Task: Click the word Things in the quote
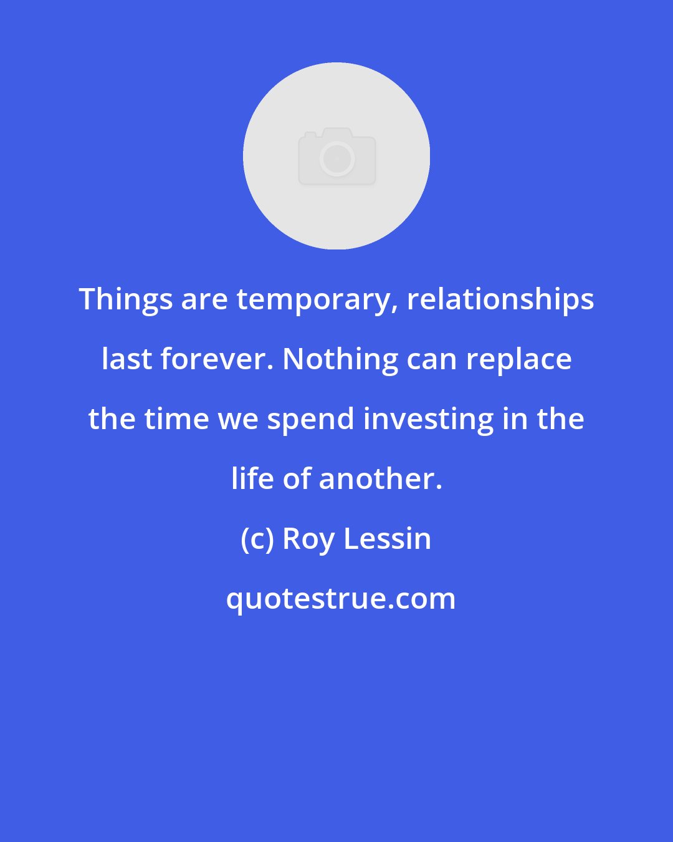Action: pyautogui.click(x=126, y=299)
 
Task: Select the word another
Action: pyautogui.click(x=380, y=479)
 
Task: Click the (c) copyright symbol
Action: pyautogui.click(x=257, y=539)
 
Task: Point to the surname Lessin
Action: pyautogui.click(x=387, y=539)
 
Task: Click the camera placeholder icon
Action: pyautogui.click(x=336, y=156)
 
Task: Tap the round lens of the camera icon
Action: pyautogui.click(x=336, y=159)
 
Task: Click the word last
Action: pyautogui.click(x=126, y=359)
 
